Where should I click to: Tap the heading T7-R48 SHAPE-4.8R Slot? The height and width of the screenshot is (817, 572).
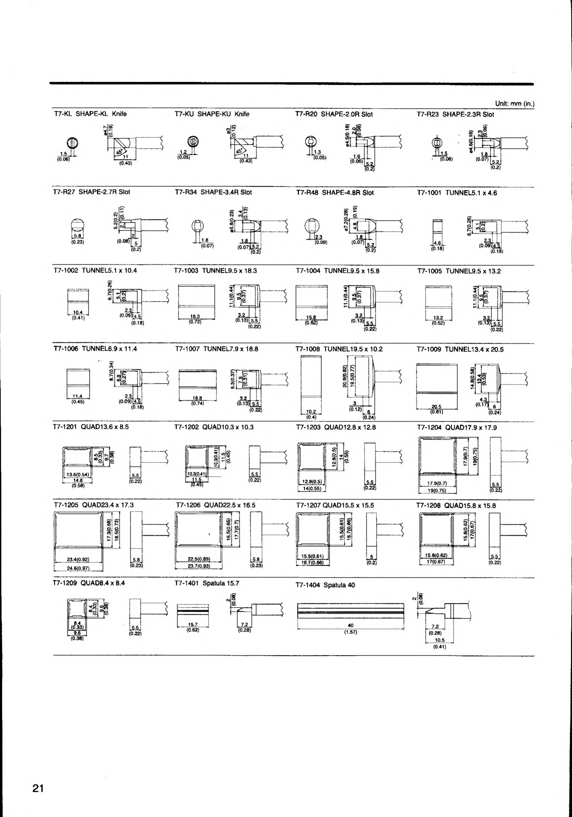(335, 193)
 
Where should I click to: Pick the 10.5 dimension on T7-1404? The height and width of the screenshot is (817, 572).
(440, 640)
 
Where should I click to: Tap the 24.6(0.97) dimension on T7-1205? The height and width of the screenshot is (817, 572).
(78, 568)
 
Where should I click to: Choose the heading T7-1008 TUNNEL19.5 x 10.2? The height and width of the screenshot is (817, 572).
(339, 349)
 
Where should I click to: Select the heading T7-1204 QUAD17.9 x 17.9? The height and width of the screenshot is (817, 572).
(457, 427)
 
